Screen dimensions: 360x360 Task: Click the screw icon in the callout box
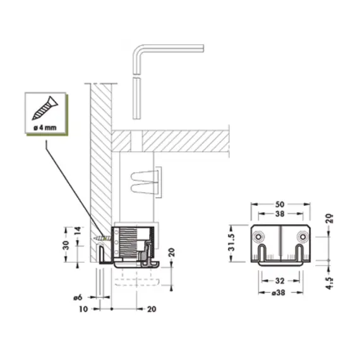45,108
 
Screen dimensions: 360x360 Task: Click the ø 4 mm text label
45,128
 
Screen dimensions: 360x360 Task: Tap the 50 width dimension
280,205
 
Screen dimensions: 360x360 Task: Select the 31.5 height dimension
232,243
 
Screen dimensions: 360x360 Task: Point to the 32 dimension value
280,280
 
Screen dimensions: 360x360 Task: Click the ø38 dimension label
279,292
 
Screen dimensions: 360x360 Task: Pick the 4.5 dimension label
329,283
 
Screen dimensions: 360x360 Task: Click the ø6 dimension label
78,297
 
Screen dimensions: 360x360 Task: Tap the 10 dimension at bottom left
83,309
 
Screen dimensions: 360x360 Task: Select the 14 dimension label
78,231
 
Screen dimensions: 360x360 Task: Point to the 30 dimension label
66,245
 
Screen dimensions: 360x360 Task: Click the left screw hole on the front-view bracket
259,237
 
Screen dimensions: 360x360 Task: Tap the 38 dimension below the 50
280,213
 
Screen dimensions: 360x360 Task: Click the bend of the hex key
138,50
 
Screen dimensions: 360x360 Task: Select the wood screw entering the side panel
102,239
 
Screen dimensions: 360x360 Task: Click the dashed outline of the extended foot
137,282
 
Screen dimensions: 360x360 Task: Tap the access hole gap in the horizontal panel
136,141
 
